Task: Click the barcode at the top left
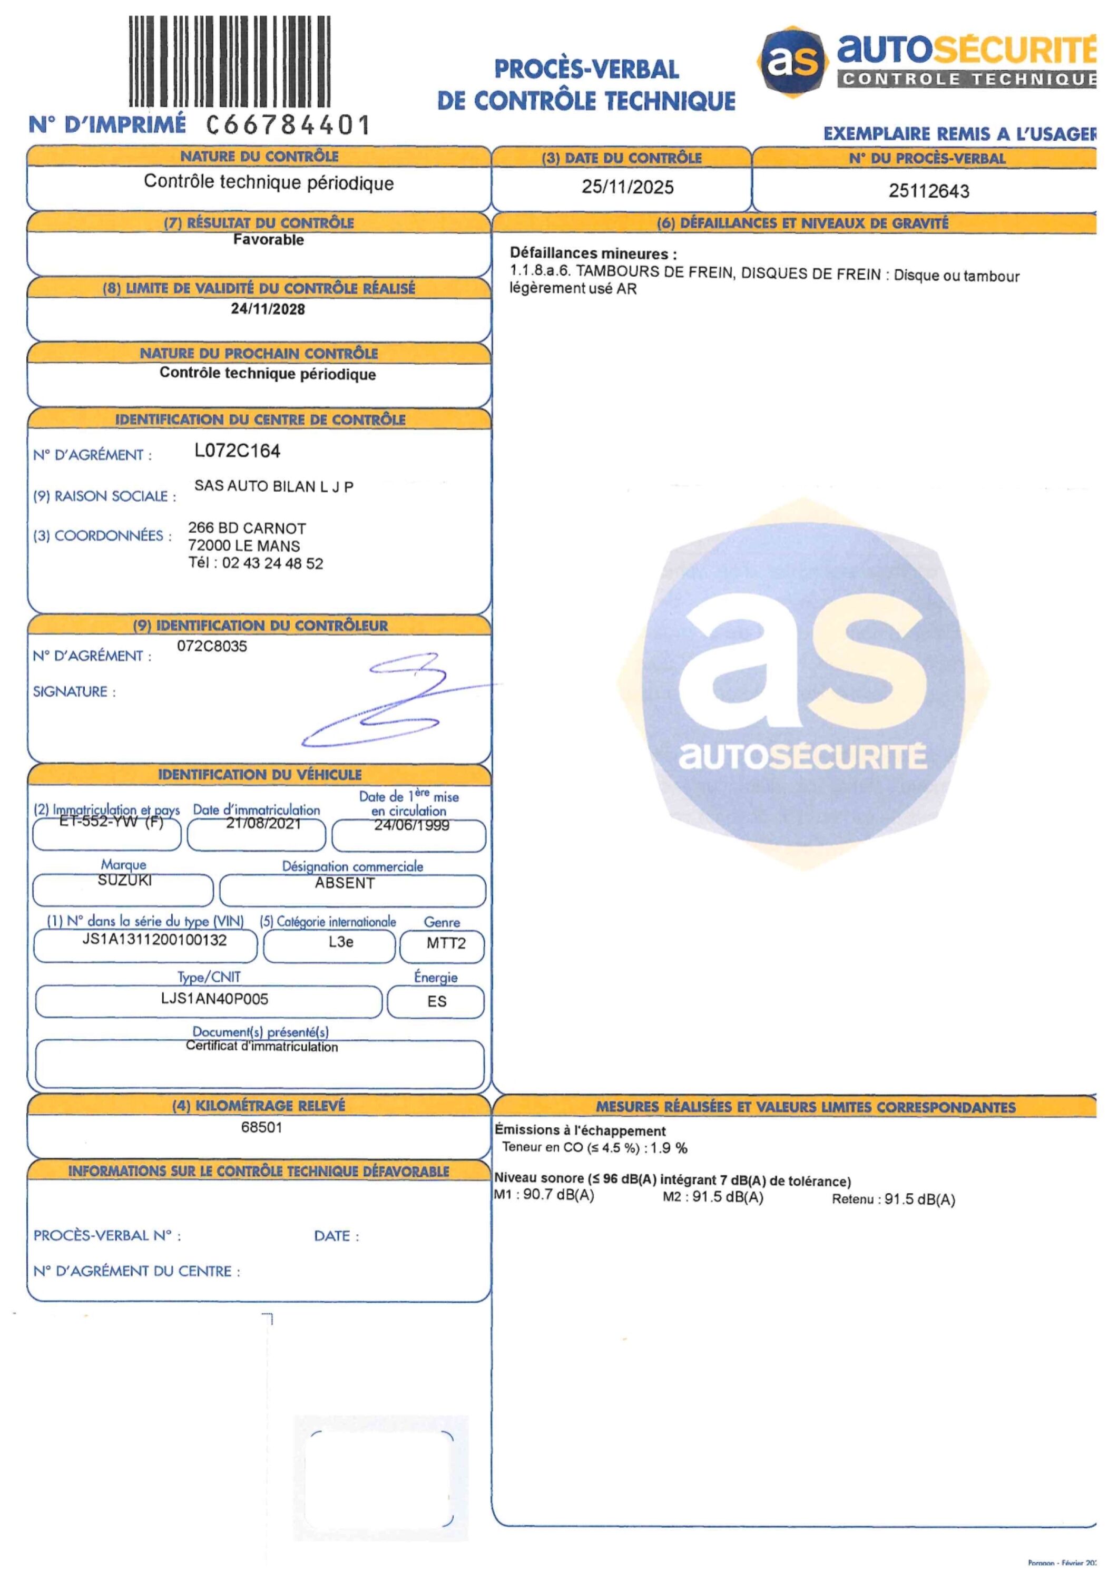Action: tap(230, 62)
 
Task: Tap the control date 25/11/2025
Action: tap(627, 187)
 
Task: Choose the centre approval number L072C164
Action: tap(238, 451)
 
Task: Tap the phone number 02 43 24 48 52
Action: tap(272, 563)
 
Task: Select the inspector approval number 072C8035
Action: tap(212, 646)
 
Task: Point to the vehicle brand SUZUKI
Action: tap(125, 880)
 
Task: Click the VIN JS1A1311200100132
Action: tap(154, 940)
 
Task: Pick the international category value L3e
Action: tap(341, 942)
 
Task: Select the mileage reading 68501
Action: tap(262, 1127)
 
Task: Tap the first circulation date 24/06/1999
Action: tap(411, 825)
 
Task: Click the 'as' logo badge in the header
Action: tap(794, 61)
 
